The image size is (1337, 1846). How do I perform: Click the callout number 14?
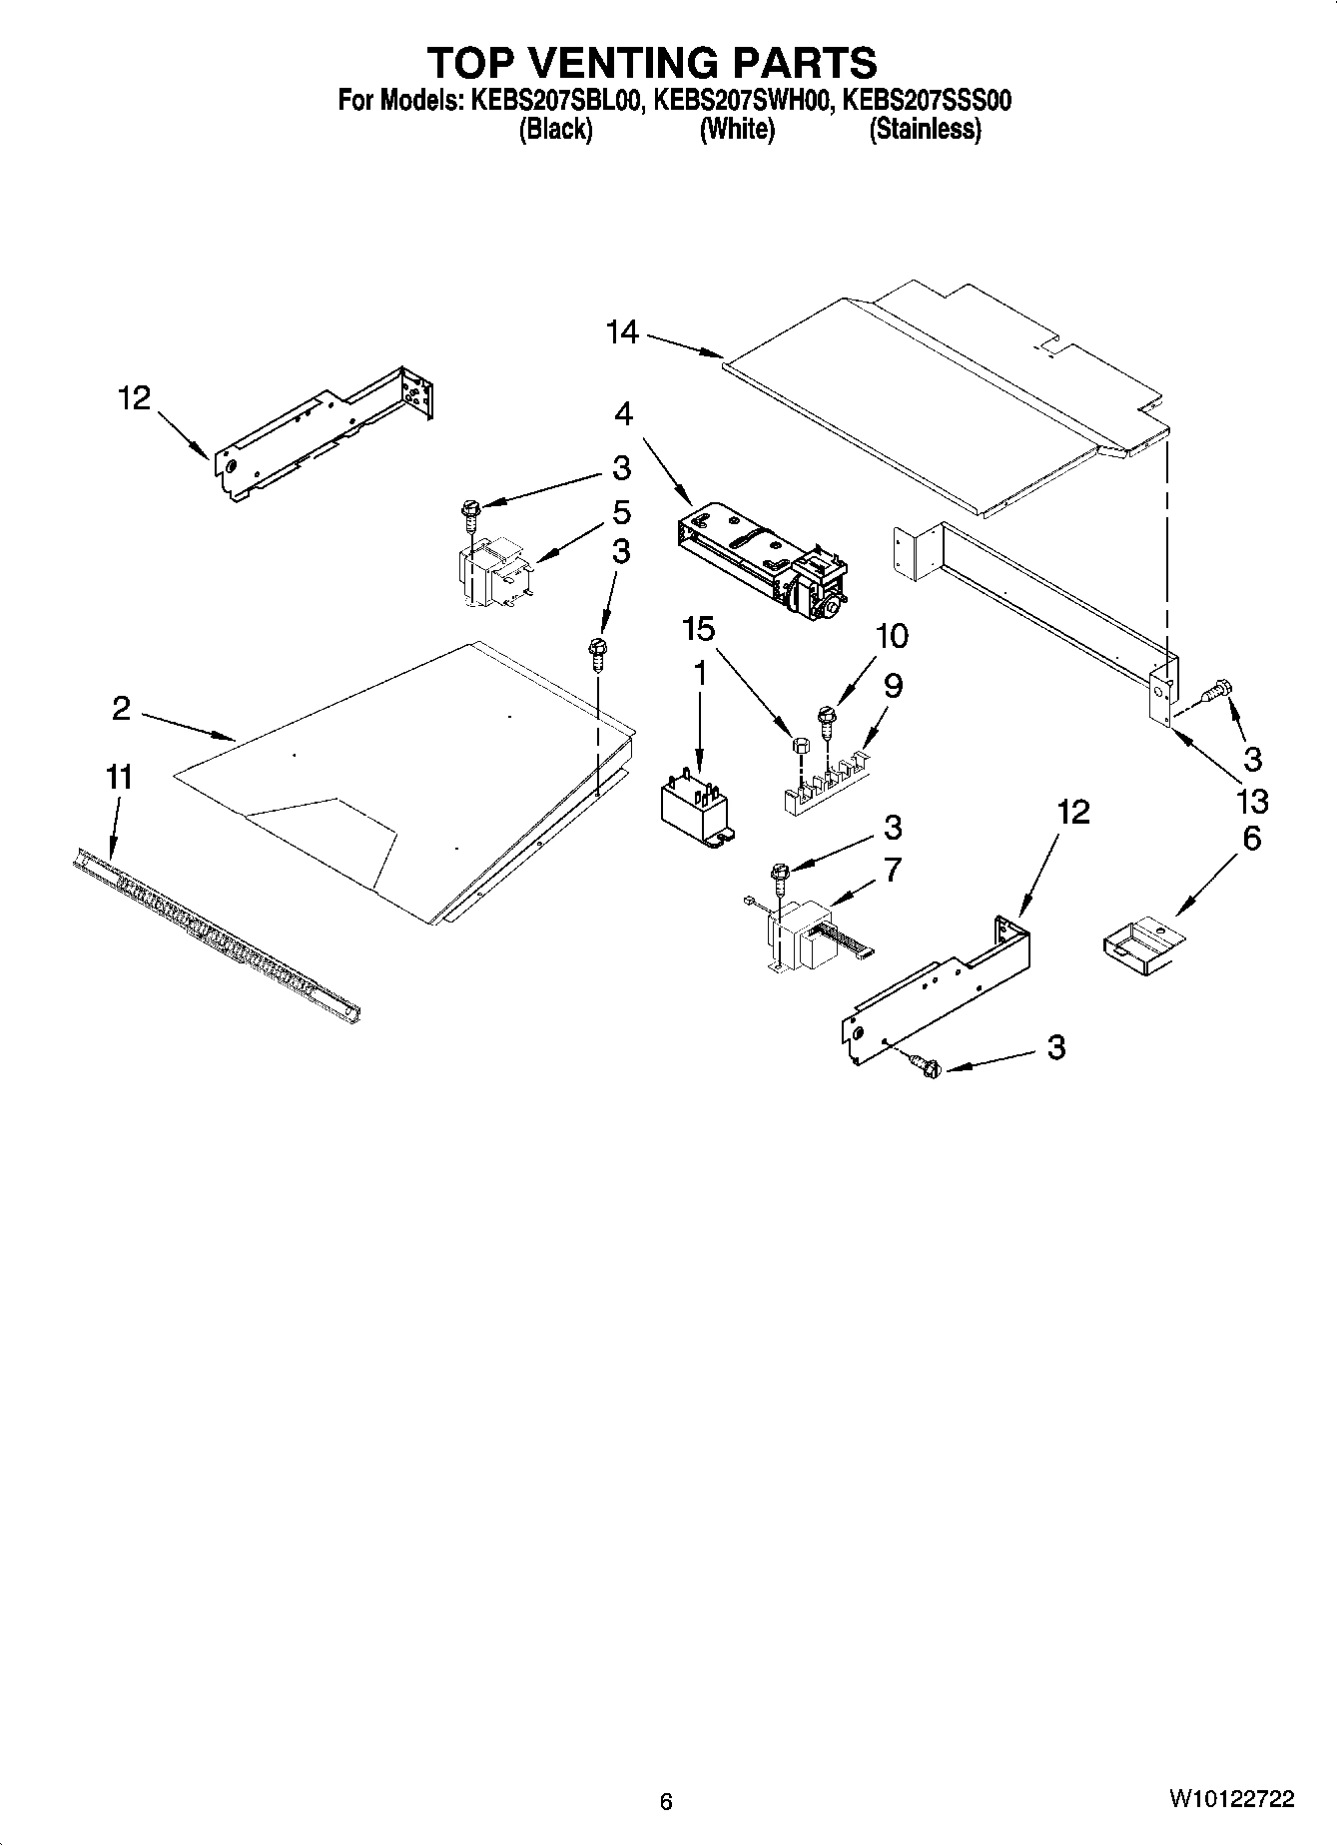(622, 332)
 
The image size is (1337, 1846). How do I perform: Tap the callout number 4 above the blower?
(623, 412)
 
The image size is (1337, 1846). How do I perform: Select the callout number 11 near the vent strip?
(119, 777)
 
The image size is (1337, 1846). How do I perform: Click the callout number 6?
(1251, 839)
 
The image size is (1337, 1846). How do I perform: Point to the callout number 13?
(1251, 800)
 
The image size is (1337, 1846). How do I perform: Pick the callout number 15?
(699, 629)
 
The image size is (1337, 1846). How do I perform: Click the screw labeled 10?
(826, 721)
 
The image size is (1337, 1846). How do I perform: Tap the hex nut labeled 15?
(799, 747)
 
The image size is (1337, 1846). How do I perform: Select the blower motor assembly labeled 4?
(761, 559)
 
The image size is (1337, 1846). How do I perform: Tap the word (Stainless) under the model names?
(925, 130)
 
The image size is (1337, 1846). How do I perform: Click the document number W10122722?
(1230, 1799)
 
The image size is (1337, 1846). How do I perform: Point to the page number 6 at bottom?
(666, 1801)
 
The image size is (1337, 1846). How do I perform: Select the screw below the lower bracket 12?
(928, 1066)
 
